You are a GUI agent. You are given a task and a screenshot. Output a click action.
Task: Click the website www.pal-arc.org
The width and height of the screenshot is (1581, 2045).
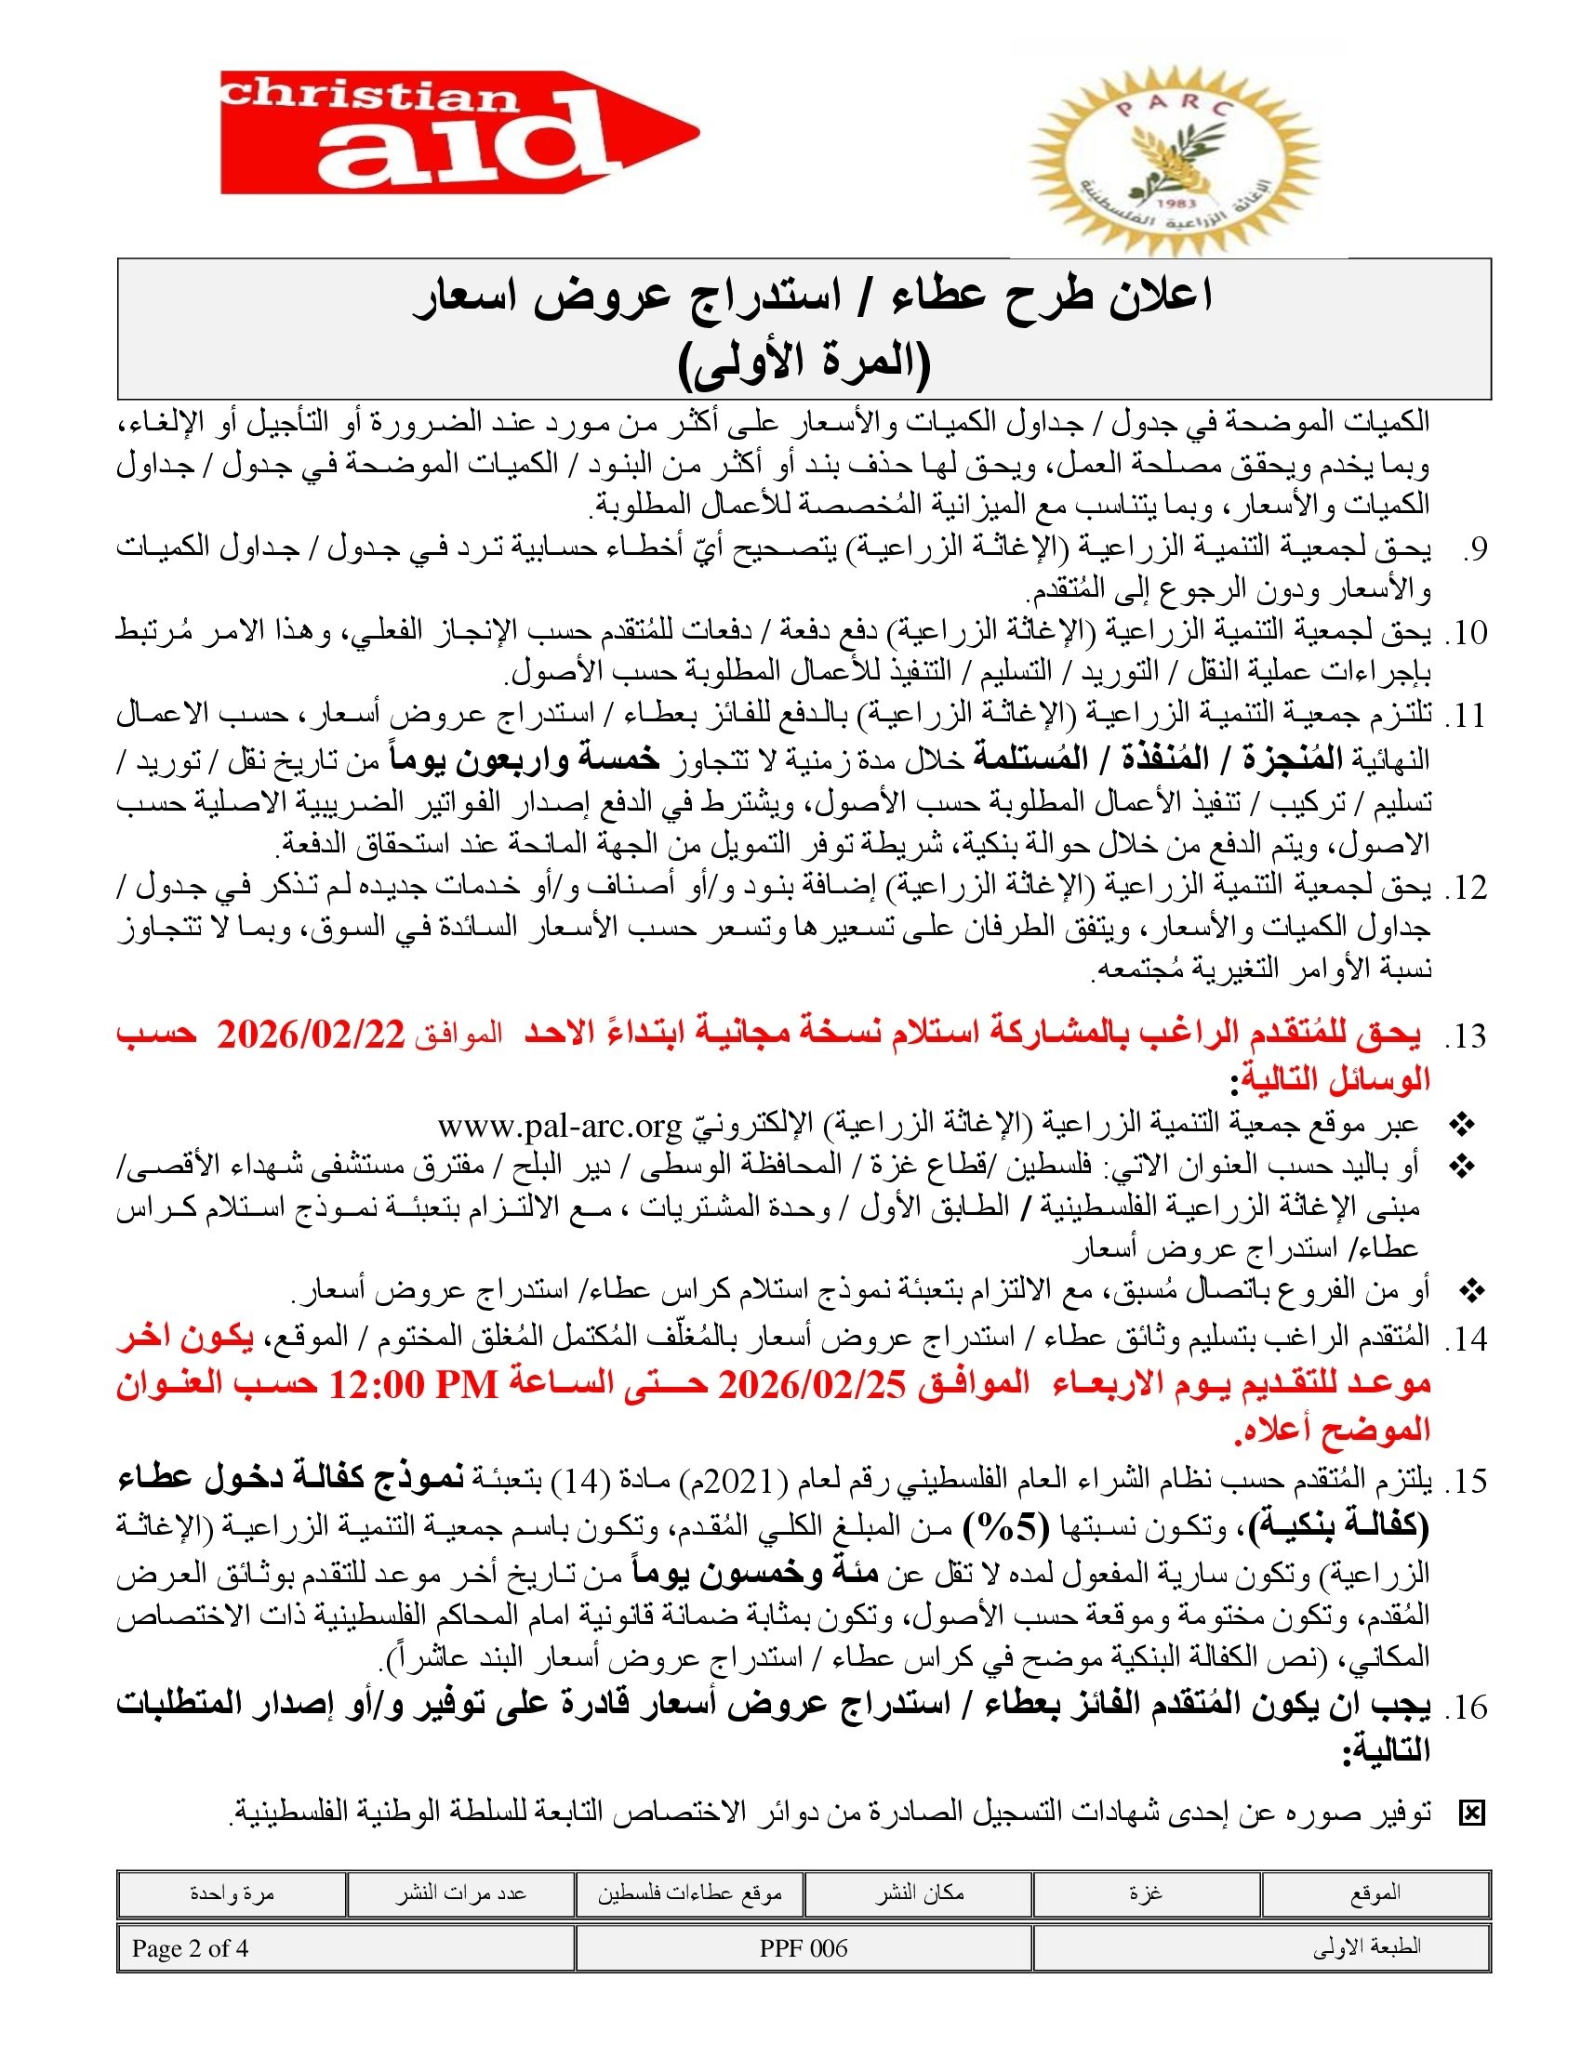559,1124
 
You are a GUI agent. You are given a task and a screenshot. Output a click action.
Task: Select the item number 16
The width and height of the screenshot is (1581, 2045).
1467,1707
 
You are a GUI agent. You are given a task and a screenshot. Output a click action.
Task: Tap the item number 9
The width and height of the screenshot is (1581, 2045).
1474,549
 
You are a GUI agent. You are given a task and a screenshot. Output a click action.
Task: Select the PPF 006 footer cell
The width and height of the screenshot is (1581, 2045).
804,1947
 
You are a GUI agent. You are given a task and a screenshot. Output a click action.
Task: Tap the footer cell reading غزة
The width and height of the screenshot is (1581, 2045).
1146,1893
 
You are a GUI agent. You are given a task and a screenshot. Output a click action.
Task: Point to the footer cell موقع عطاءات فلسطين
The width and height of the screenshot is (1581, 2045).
689,1893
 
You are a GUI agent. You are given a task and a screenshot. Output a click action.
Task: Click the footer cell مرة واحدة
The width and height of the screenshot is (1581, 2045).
232,1893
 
